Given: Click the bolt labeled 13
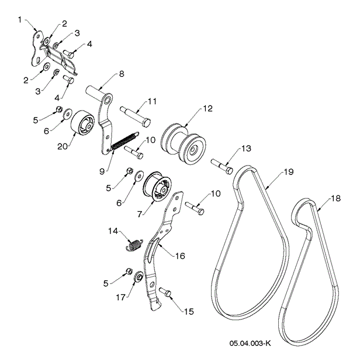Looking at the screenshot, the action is pos(221,166).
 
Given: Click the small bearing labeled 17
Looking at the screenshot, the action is pos(140,277).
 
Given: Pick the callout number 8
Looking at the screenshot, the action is pos(122,74).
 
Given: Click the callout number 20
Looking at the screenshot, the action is pos(61,149).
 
